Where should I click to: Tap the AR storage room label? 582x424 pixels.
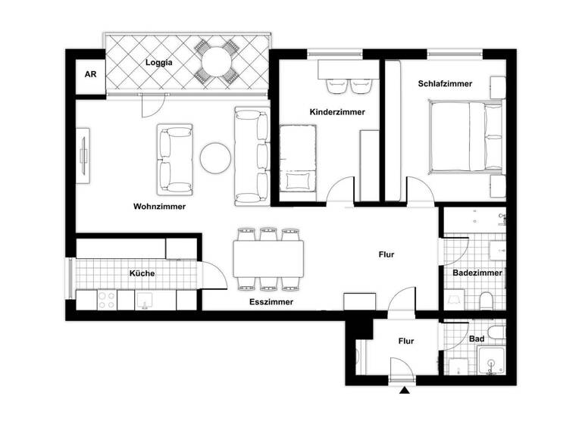(x=89, y=74)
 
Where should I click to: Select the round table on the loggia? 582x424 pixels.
(x=216, y=60)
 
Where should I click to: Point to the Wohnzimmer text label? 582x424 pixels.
(x=159, y=206)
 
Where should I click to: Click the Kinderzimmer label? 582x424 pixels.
(x=337, y=111)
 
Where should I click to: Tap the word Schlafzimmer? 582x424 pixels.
(x=445, y=84)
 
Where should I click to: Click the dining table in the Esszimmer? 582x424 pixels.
(x=268, y=258)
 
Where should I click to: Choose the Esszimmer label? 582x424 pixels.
(x=271, y=301)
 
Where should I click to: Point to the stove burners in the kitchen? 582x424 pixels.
(x=105, y=300)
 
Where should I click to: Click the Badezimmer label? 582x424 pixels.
(x=475, y=273)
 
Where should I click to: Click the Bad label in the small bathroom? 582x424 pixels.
(x=477, y=339)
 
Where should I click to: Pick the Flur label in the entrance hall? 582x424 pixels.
(x=405, y=341)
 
